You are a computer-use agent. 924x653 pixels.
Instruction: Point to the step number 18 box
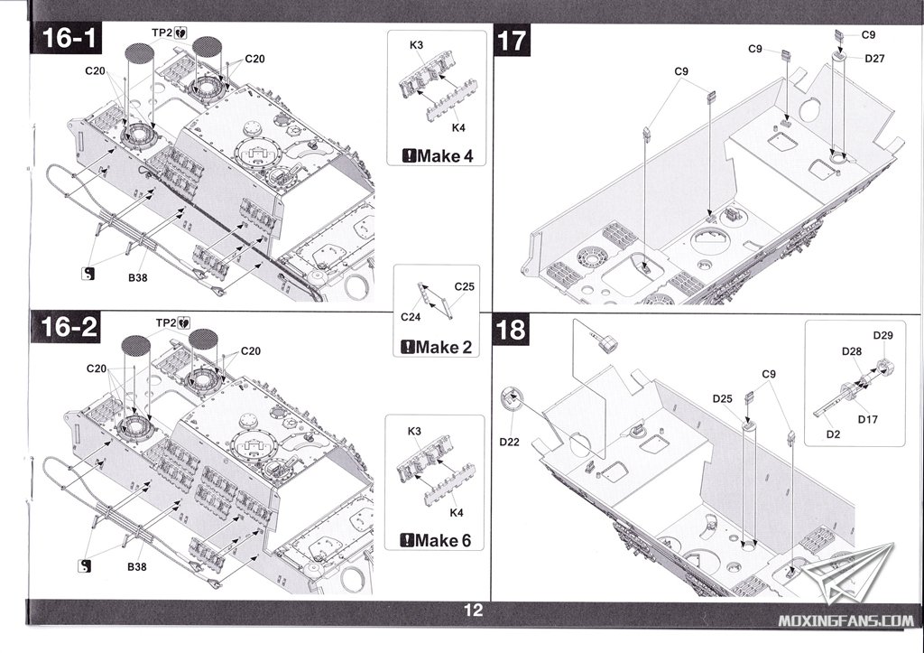pos(511,330)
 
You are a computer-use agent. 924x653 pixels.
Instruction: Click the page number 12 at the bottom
pos(473,611)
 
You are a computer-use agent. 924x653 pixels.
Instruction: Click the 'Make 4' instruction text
pos(437,155)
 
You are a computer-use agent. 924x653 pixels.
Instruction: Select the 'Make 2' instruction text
pos(437,347)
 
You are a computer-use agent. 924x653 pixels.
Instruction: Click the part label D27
pos(874,59)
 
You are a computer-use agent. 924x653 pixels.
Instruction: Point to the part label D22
pos(509,441)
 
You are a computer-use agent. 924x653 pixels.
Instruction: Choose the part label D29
pos(884,336)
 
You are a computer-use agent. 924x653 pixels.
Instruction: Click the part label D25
pos(721,398)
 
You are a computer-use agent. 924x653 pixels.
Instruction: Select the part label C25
pos(464,286)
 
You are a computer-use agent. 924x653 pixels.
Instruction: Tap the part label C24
pos(411,316)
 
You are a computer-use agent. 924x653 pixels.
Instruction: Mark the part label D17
pos(868,419)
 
